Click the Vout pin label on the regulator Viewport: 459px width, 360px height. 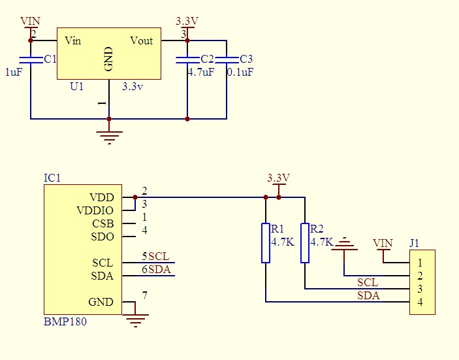point(141,41)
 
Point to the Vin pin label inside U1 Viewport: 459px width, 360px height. point(73,41)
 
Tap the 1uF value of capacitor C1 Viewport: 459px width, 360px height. point(14,73)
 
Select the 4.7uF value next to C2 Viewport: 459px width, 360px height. point(200,73)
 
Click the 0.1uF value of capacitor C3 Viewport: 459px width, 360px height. point(240,73)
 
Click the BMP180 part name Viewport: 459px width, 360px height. point(65,321)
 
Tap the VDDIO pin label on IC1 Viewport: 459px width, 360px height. point(95,210)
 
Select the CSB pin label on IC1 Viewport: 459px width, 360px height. point(103,223)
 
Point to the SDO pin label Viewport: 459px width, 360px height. point(103,237)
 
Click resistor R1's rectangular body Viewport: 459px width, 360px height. point(266,243)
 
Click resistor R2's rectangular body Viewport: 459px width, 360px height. point(305,243)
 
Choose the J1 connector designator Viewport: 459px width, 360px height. point(414,243)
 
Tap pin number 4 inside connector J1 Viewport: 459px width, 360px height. point(420,302)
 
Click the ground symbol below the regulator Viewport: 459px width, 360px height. point(109,136)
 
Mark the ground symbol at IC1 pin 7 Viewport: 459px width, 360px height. point(136,319)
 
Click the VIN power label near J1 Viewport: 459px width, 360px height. point(383,243)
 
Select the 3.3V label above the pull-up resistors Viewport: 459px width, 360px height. point(279,178)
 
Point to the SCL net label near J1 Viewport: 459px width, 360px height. point(367,282)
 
